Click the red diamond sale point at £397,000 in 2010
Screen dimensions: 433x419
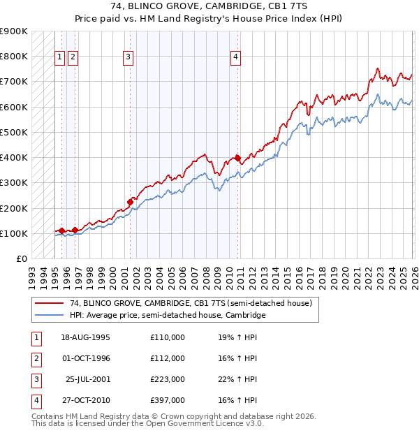coord(237,158)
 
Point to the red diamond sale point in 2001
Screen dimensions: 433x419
coord(131,203)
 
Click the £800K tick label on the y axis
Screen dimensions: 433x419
coord(13,56)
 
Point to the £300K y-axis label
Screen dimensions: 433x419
coord(13,183)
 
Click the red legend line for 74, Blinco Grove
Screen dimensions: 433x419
coord(50,303)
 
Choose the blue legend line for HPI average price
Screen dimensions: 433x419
coord(50,315)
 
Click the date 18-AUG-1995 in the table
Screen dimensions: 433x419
coord(86,337)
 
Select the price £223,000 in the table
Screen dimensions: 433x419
coord(168,380)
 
